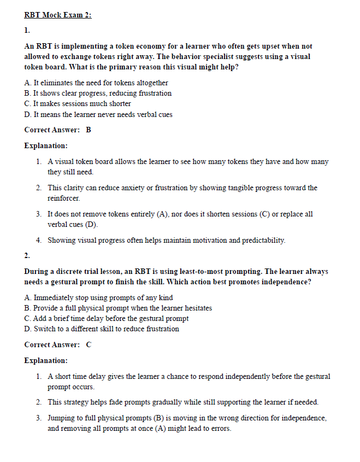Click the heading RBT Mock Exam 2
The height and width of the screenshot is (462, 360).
58,15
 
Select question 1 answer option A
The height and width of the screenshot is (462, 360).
96,83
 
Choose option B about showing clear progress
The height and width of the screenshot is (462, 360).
98,93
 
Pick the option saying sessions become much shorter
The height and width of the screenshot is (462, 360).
78,103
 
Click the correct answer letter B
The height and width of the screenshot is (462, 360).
88,130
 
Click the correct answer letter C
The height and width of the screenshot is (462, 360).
88,344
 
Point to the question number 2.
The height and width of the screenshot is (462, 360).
27,255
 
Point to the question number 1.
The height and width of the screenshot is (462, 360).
27,30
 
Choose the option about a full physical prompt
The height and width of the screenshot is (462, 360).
118,308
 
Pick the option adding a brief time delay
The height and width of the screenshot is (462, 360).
107,318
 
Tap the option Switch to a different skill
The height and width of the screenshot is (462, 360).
102,329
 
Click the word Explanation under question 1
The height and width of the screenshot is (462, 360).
46,145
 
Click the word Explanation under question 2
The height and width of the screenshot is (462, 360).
46,360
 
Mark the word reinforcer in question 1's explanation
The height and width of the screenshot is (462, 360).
63,198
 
